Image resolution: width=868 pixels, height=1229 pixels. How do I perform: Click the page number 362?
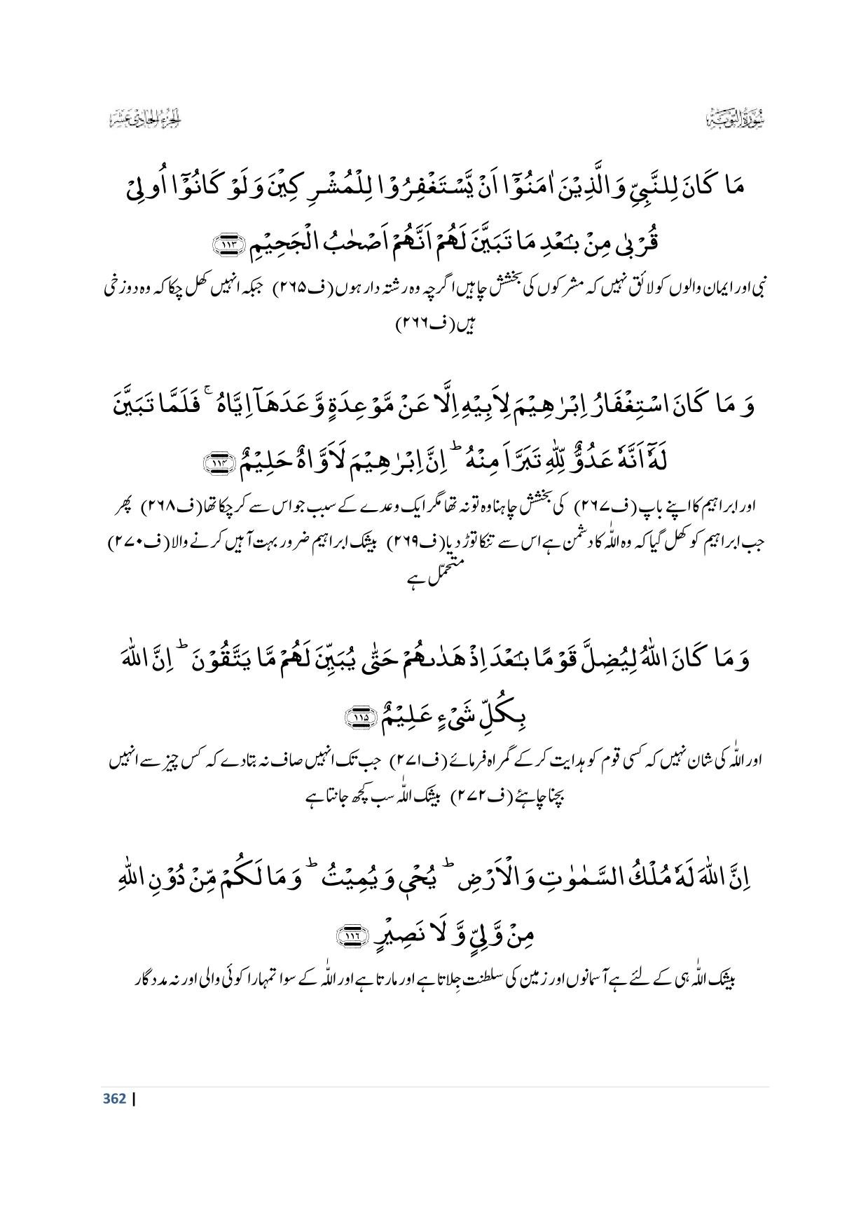(x=114, y=1098)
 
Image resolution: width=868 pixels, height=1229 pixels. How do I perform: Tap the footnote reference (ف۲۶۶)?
(x=416, y=324)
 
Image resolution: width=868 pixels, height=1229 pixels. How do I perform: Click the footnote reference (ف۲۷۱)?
(x=411, y=761)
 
